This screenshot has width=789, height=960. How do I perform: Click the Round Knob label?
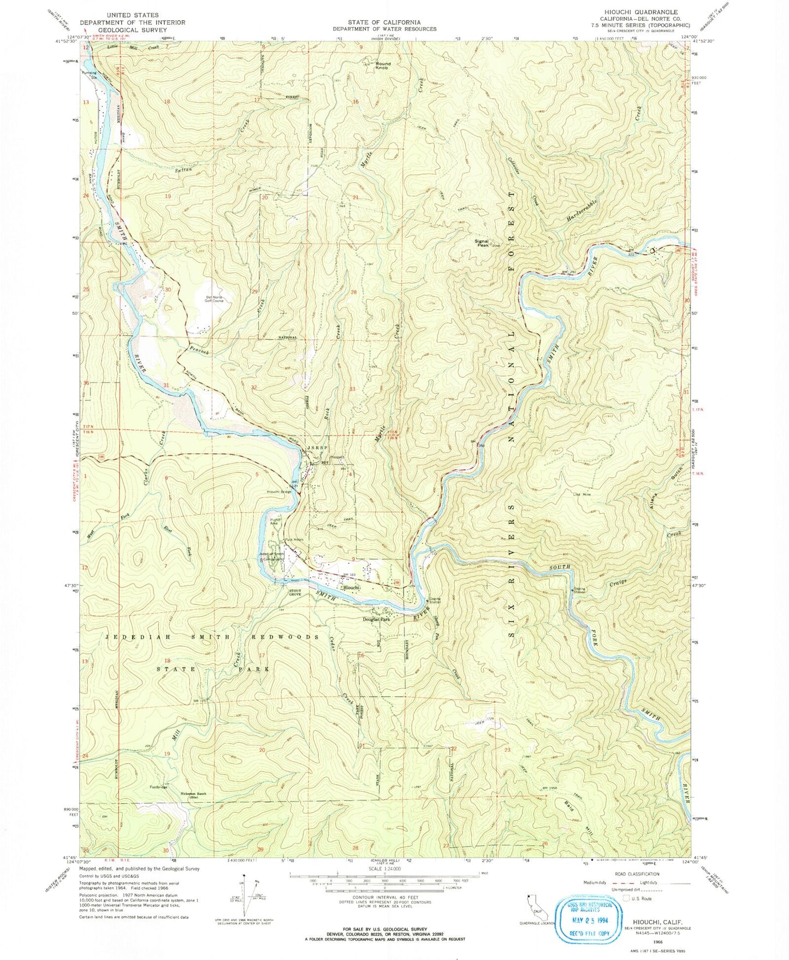tap(383, 66)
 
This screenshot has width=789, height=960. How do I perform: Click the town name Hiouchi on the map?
tap(351, 588)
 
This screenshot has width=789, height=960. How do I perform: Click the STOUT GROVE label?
tap(299, 591)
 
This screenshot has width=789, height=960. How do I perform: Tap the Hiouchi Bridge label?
tap(279, 491)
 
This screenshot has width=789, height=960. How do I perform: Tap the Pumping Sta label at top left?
tap(89, 74)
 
